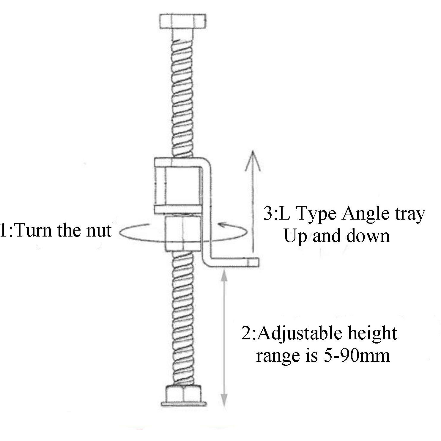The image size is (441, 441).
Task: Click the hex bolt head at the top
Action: click(183, 21)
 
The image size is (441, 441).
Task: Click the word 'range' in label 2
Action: click(276, 356)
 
